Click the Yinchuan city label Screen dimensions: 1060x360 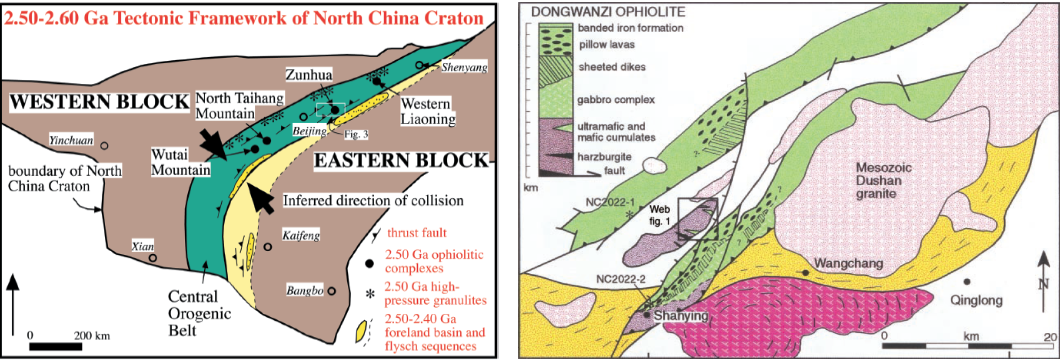pyautogui.click(x=71, y=141)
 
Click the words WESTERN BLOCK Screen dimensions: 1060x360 pyautogui.click(x=100, y=102)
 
